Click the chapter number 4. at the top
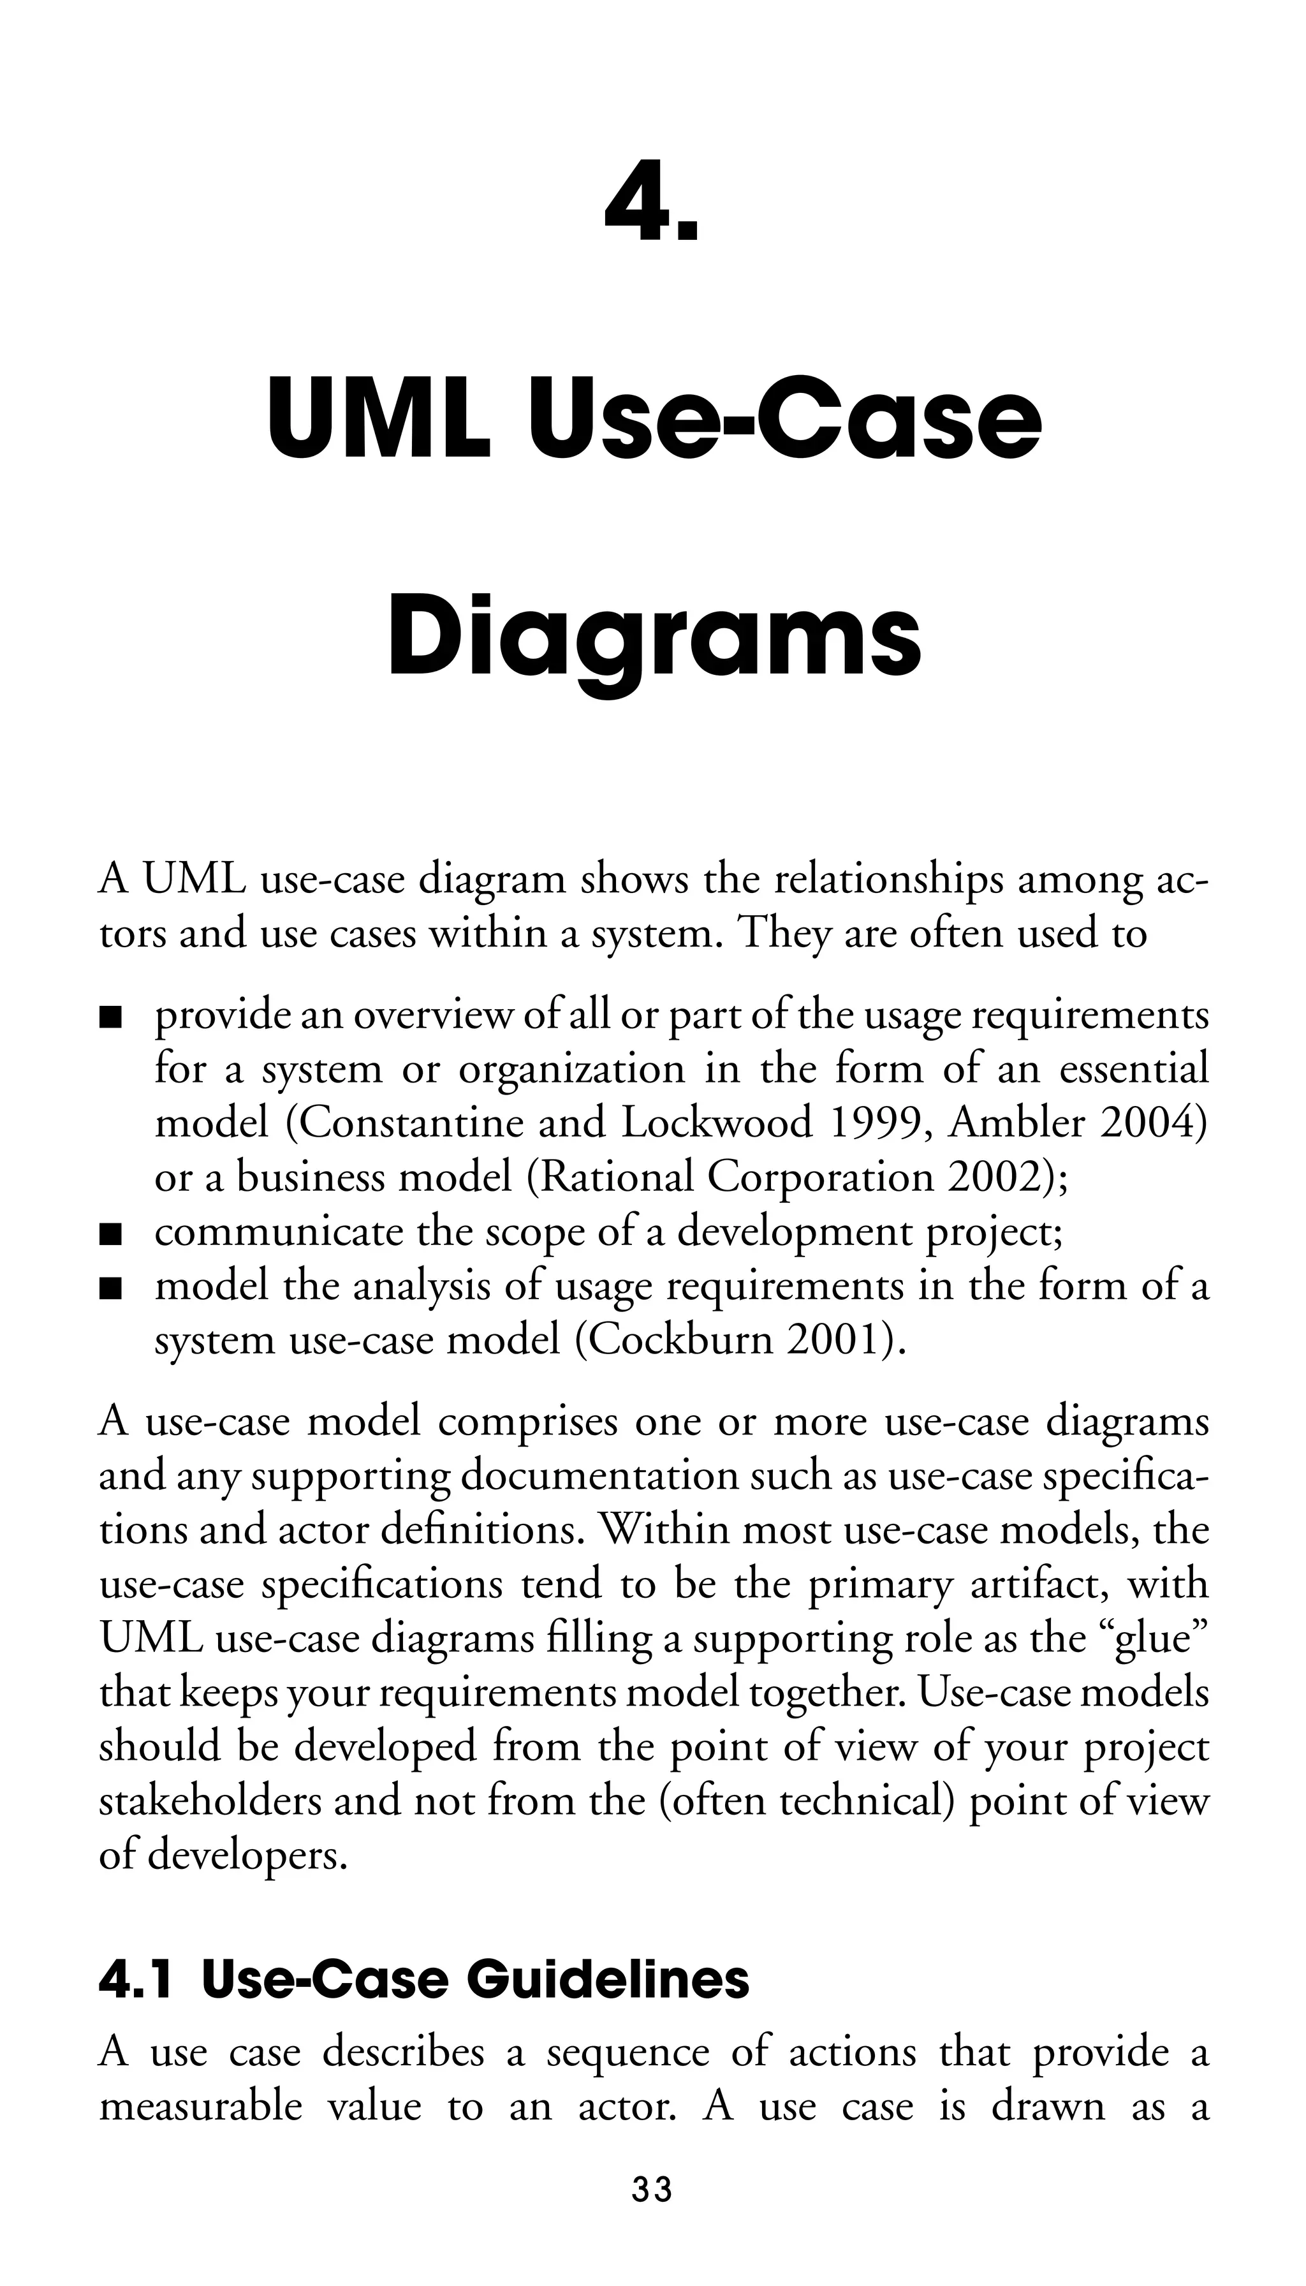pos(651,203)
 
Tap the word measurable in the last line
pos(201,2105)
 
